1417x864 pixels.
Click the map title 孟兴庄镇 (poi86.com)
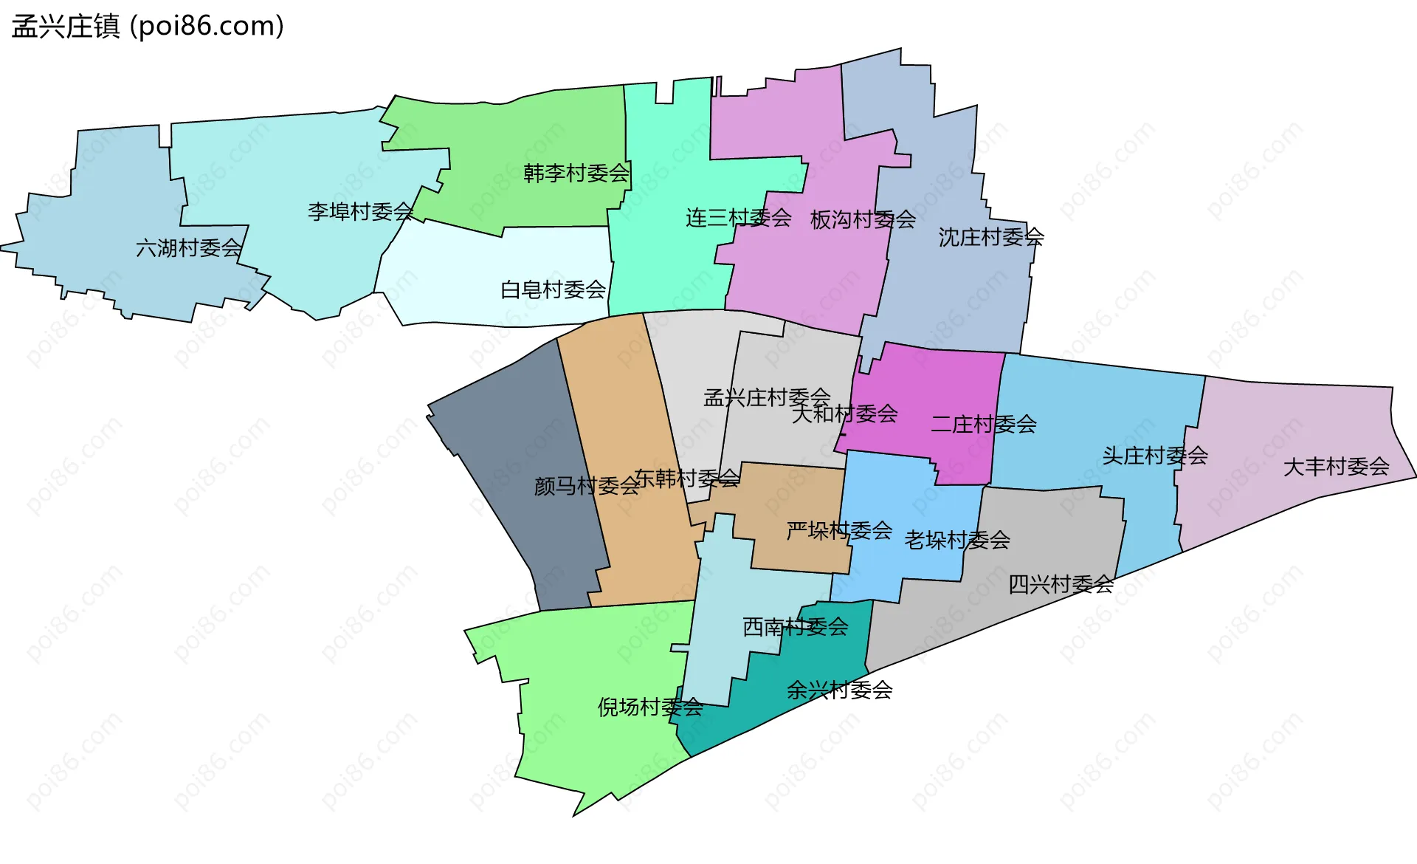[148, 27]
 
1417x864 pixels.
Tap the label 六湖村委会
[189, 248]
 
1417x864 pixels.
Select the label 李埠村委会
[361, 212]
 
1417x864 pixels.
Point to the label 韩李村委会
[576, 174]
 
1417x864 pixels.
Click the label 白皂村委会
[554, 289]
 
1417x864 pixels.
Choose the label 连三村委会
[739, 218]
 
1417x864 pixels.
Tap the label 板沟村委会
[863, 219]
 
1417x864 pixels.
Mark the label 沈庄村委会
[991, 237]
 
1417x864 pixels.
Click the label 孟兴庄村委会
[767, 397]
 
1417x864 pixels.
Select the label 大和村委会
[845, 414]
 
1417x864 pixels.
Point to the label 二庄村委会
[984, 425]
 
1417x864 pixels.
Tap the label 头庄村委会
[1155, 456]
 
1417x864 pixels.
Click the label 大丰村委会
[1337, 467]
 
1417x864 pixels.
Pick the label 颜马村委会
[587, 486]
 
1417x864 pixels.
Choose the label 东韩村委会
[687, 479]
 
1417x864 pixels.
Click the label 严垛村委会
[840, 530]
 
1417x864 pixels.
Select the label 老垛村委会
[957, 540]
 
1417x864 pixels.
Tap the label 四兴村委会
[1061, 585]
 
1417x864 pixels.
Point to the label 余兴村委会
[840, 690]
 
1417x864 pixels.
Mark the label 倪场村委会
[650, 707]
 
